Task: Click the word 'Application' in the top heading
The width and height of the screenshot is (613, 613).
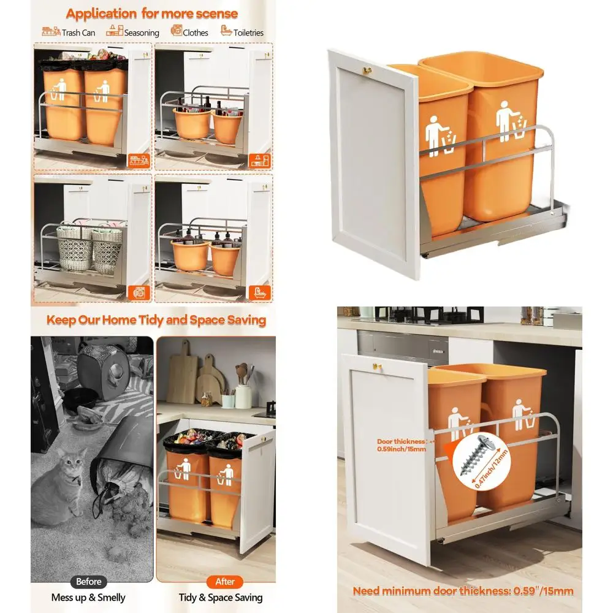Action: point(102,14)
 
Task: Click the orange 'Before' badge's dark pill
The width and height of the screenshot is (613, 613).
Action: point(89,582)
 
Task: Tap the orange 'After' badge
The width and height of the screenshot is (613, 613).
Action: point(225,582)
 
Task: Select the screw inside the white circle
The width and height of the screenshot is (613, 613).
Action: point(477,454)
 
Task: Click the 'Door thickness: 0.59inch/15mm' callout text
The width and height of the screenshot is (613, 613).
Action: point(402,445)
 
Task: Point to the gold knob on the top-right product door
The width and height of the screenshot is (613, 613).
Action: point(367,70)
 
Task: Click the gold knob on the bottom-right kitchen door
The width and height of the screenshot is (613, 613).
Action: point(376,367)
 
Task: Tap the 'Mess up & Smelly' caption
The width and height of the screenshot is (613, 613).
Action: point(88,597)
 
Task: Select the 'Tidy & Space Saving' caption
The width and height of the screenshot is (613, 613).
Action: point(221,597)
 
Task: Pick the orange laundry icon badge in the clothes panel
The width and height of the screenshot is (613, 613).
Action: point(139,293)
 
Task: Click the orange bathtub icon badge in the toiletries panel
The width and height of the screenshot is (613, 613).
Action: point(259,293)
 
